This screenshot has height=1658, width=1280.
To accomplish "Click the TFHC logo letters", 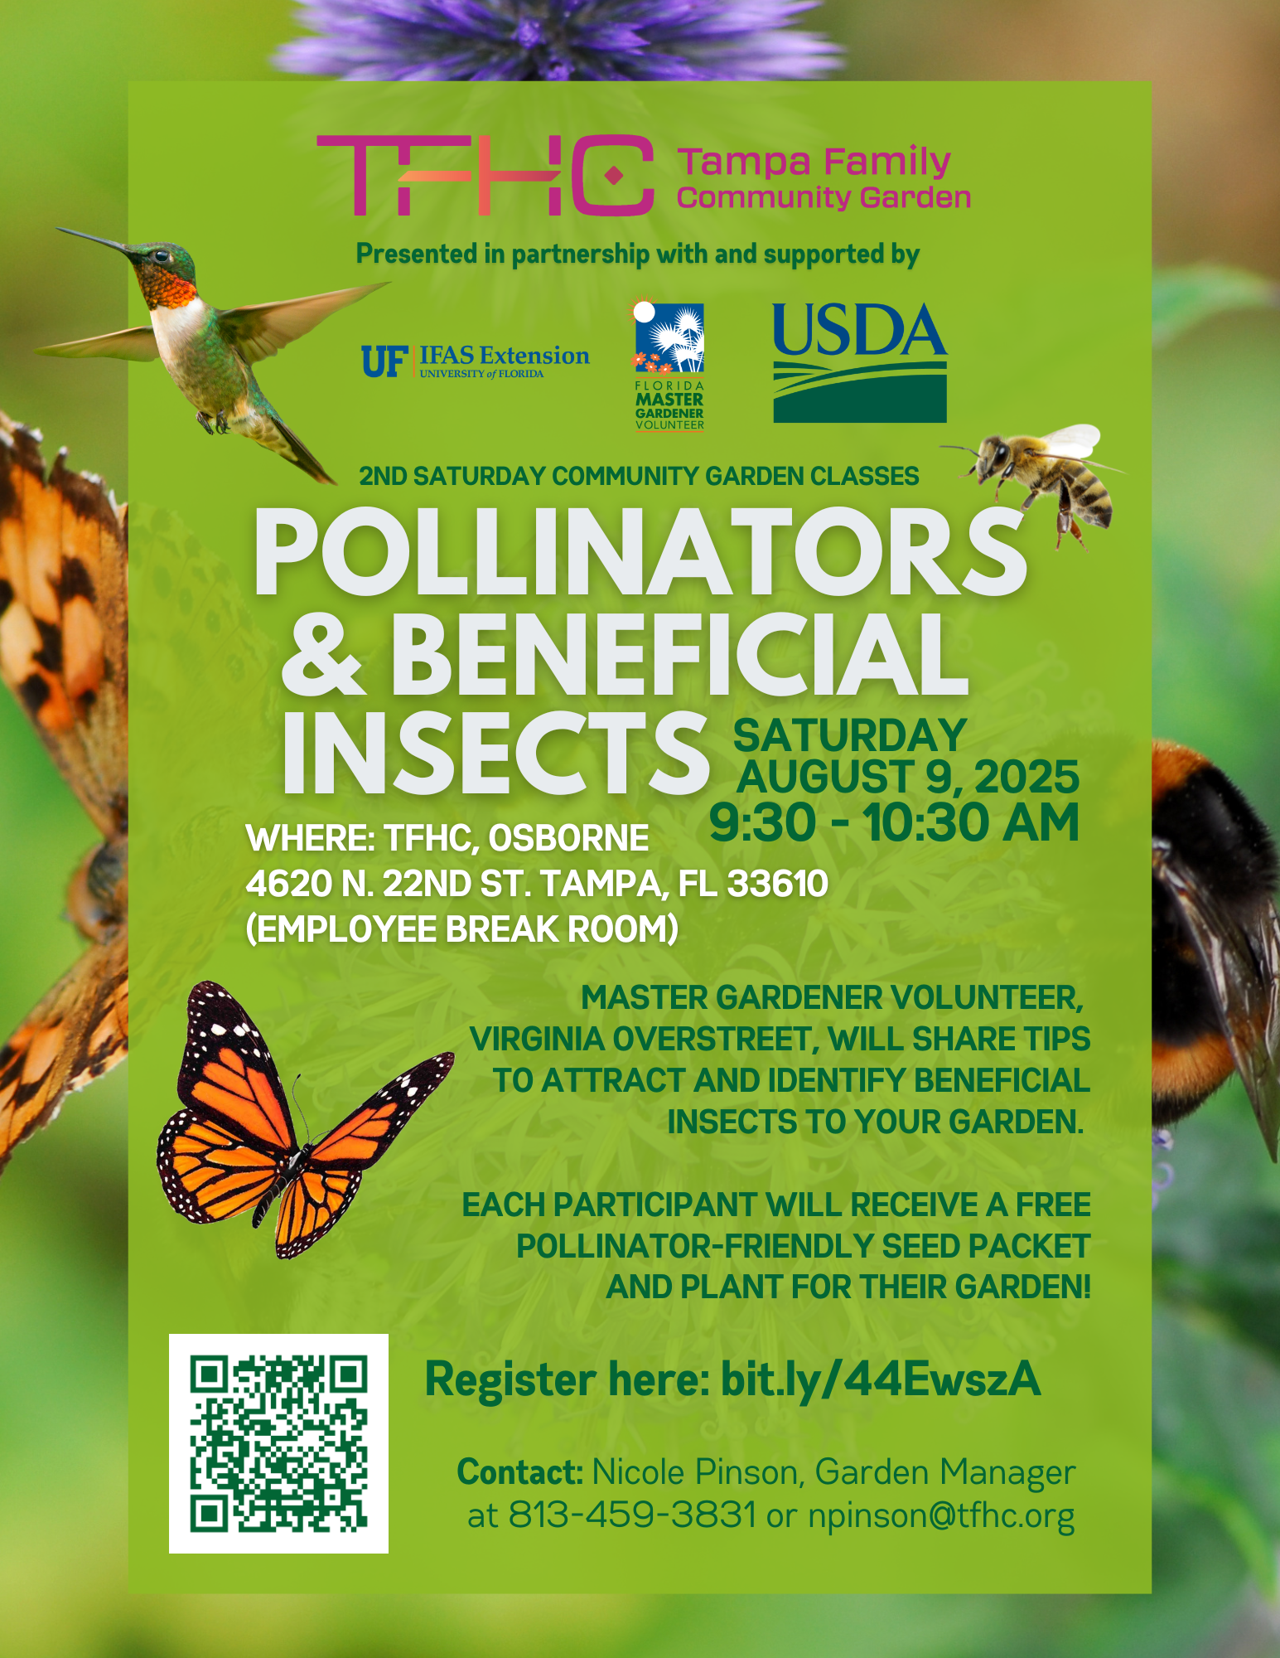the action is tap(485, 175).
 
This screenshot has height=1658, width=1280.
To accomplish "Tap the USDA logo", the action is tap(859, 362).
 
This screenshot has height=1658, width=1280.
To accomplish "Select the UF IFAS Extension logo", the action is tap(475, 361).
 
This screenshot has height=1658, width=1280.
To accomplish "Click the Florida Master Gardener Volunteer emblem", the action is tap(669, 365).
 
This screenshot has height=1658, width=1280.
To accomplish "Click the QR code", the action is tap(278, 1443).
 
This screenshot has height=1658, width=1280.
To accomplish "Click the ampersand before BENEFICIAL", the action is tap(322, 655).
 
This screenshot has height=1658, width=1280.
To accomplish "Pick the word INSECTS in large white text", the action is tap(495, 752).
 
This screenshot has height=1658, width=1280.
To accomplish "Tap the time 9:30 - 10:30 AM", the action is tap(894, 822).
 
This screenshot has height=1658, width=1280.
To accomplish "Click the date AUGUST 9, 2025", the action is tap(908, 777).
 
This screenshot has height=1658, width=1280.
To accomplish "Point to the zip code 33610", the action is tap(777, 884).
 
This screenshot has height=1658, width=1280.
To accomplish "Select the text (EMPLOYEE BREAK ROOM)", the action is tap(462, 929).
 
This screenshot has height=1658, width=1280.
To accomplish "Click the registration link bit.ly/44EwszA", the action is tap(881, 1379).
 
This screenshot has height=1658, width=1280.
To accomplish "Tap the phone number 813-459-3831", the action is tap(632, 1515).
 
